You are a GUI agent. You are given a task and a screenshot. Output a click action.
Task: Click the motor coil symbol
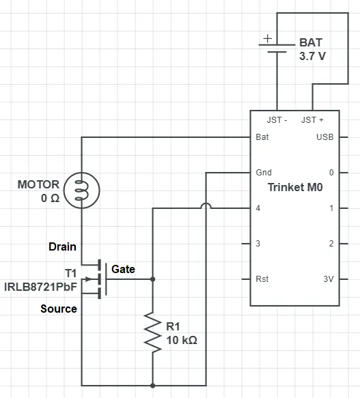(81, 190)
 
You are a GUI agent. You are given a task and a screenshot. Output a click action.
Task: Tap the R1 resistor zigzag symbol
(153, 332)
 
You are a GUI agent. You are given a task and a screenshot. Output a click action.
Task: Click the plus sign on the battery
(268, 39)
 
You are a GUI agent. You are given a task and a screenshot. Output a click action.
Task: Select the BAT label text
(311, 42)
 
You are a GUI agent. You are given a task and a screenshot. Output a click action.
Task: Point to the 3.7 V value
(312, 56)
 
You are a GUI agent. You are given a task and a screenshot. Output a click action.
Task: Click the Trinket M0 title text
(295, 187)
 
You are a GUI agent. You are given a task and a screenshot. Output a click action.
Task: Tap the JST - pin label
(277, 119)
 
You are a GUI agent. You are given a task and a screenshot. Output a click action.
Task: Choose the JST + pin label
(312, 119)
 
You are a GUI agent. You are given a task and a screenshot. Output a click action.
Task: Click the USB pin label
(325, 137)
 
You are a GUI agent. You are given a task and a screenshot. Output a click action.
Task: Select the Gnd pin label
(264, 173)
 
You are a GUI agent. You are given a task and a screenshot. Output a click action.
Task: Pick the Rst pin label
(262, 279)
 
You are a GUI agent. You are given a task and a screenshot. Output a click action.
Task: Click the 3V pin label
(329, 279)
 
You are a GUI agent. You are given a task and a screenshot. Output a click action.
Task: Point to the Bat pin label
(262, 137)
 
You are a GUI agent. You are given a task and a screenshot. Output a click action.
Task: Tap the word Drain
(62, 246)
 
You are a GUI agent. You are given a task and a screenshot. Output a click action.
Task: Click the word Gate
(123, 269)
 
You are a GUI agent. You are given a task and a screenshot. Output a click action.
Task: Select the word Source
(59, 309)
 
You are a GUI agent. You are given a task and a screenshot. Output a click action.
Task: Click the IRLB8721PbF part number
(41, 287)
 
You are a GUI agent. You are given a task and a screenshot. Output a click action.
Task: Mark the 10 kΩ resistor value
(182, 340)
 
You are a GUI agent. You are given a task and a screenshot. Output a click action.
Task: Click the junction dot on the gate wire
(153, 279)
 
